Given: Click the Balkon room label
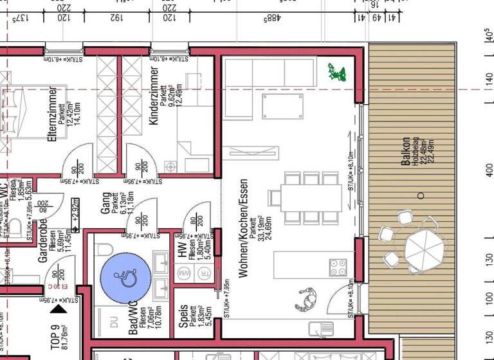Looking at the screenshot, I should [405, 152].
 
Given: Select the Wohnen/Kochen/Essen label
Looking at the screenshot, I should [242, 228].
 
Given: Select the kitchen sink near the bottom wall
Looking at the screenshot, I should [318, 329].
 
